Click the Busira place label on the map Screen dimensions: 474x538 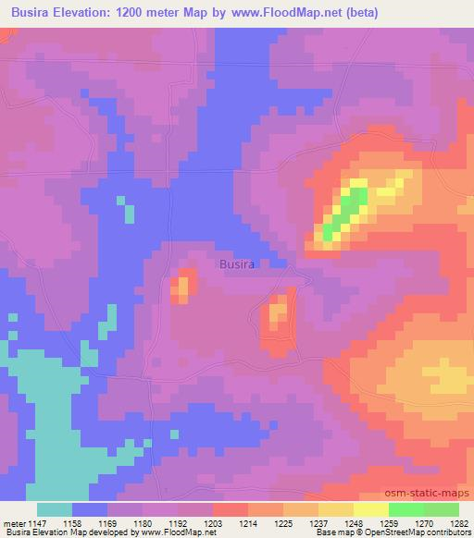[238, 263]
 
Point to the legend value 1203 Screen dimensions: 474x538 [212, 522]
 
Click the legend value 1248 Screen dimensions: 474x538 [351, 522]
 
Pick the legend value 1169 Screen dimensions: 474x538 [106, 522]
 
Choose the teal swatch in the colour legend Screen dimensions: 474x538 [55, 509]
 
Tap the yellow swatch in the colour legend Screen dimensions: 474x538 [371, 509]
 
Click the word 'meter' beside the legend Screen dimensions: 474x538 [12, 522]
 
